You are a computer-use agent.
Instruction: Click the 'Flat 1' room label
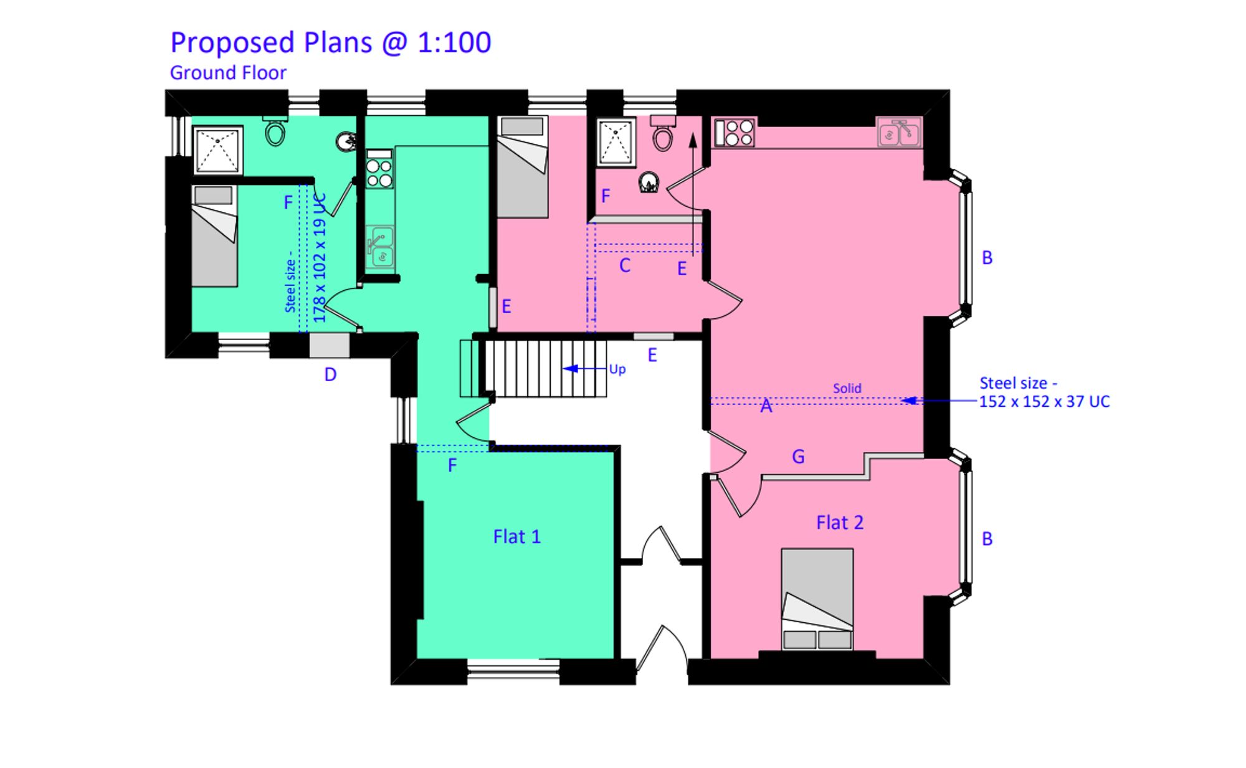coord(516,537)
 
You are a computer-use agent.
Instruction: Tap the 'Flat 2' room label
coord(840,523)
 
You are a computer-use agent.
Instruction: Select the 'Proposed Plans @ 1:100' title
coord(330,43)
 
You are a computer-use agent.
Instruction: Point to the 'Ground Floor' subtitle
coord(228,73)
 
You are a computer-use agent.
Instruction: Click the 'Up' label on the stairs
coord(617,369)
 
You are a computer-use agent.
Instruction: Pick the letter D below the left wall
coord(330,374)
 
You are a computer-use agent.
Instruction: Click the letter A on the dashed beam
coord(766,407)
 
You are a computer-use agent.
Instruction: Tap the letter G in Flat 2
coord(798,457)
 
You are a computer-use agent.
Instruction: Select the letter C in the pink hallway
coord(625,266)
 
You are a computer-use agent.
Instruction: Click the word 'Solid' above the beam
coord(847,389)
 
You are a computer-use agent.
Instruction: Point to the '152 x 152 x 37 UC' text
coord(1044,402)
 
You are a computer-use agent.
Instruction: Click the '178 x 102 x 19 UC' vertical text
coord(320,258)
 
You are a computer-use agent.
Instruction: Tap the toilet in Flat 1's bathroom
coord(275,131)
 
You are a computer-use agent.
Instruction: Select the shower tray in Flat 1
coord(217,150)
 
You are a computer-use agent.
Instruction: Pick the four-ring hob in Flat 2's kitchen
coord(735,133)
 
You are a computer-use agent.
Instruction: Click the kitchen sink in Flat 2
coord(899,133)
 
